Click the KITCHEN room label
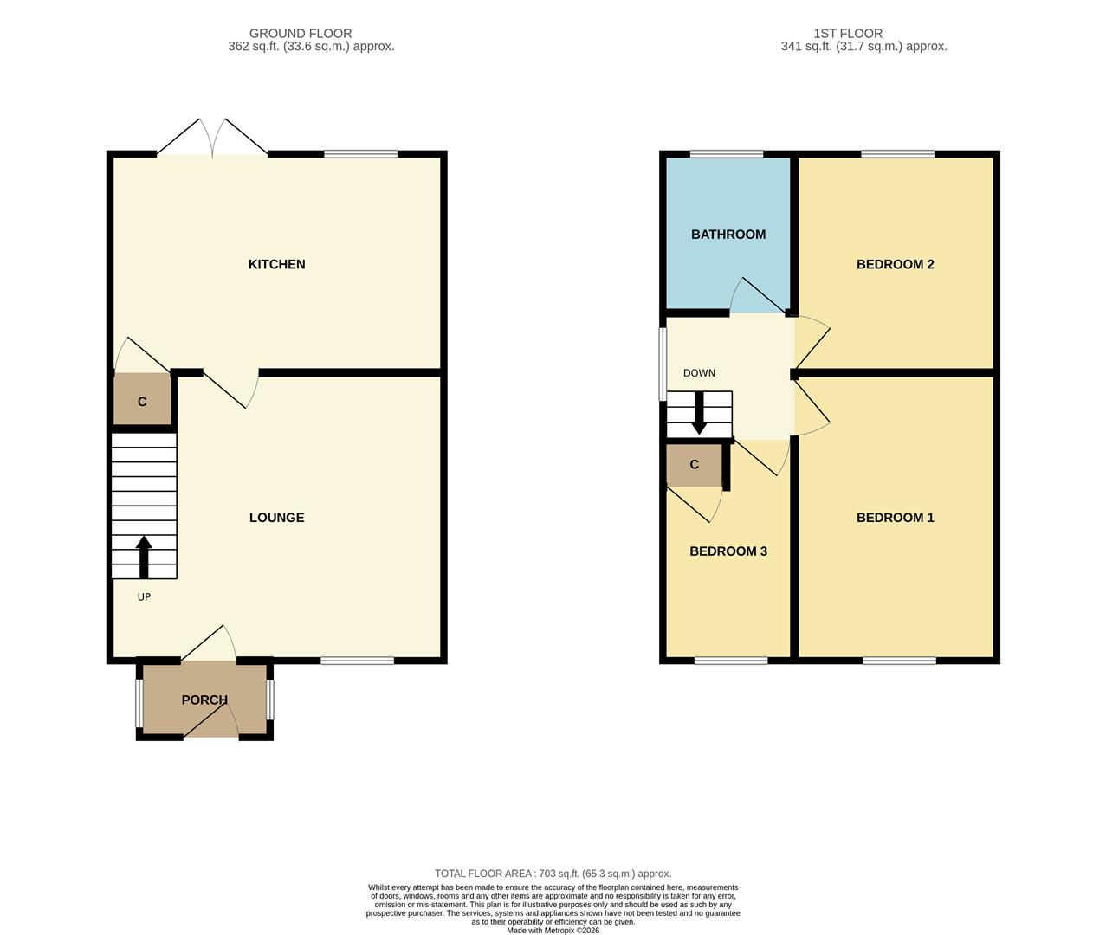click(276, 264)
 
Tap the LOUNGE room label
click(276, 518)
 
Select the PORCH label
click(204, 700)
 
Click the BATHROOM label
click(728, 235)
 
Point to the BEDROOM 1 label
click(895, 518)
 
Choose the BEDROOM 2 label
click(895, 264)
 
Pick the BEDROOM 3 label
click(728, 551)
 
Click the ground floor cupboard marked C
click(142, 402)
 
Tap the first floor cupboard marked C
click(694, 465)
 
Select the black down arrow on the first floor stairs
click(699, 415)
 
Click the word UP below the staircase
click(144, 596)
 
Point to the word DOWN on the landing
click(699, 373)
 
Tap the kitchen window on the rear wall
click(360, 155)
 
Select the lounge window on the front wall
click(357, 661)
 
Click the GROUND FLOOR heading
click(301, 34)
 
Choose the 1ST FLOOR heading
click(848, 34)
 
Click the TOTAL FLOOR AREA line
click(553, 874)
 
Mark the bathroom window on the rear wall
click(727, 155)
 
